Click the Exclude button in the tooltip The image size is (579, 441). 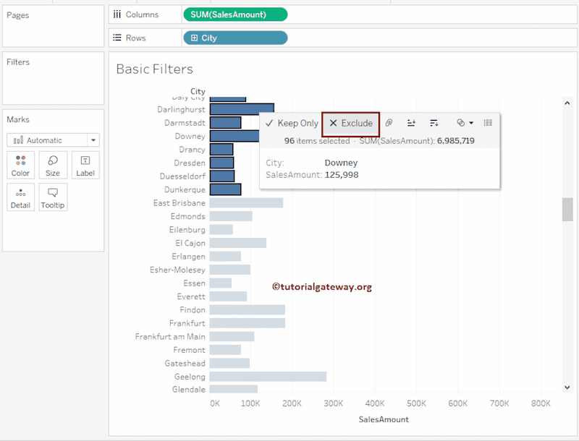tap(351, 124)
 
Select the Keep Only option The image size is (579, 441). tap(292, 124)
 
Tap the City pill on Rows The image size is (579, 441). tap(235, 38)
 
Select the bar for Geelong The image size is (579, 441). tap(268, 377)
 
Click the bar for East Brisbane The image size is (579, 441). tap(246, 203)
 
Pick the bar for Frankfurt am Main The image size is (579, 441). tap(232, 336)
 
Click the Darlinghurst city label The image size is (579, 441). tap(181, 109)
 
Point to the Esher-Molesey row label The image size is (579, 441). tap(177, 270)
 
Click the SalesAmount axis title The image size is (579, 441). tap(384, 419)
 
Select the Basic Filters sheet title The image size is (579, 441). tap(154, 69)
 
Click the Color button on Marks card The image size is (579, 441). tap(20, 166)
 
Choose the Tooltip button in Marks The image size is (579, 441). tap(53, 197)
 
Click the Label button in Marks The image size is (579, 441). tap(85, 166)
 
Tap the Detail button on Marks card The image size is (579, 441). tap(20, 197)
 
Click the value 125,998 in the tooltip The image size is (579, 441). tap(342, 175)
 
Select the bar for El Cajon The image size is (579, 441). tap(237, 243)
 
